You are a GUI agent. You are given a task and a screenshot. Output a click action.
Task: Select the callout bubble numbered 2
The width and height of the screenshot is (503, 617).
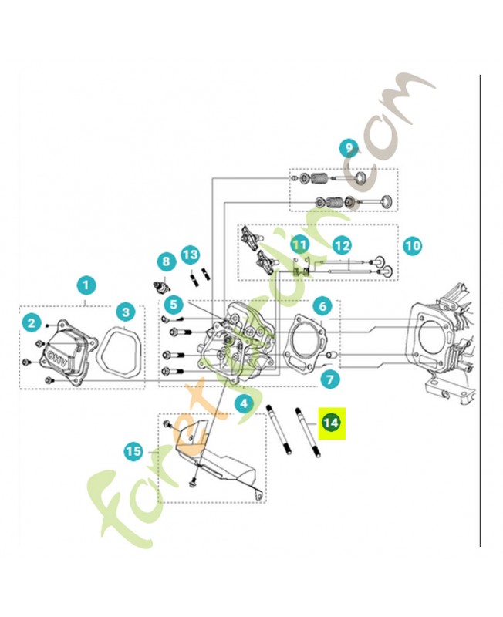[31, 321]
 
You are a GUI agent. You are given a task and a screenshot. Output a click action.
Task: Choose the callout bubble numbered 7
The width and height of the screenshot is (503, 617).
[330, 379]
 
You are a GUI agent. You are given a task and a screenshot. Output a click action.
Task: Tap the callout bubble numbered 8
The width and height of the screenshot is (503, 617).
[165, 262]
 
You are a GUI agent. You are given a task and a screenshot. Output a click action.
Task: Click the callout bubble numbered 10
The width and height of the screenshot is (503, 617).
[413, 246]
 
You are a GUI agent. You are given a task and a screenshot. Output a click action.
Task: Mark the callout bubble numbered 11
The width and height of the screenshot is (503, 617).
[299, 245]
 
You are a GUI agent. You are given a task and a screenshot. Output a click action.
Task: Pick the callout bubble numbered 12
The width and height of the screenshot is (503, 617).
[342, 245]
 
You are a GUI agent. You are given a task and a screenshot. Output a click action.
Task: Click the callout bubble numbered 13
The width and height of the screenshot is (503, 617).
[191, 255]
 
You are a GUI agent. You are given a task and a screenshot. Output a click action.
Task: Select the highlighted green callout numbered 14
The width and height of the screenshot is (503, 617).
[331, 423]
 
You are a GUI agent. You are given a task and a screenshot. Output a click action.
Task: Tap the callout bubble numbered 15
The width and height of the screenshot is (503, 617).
[133, 451]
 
